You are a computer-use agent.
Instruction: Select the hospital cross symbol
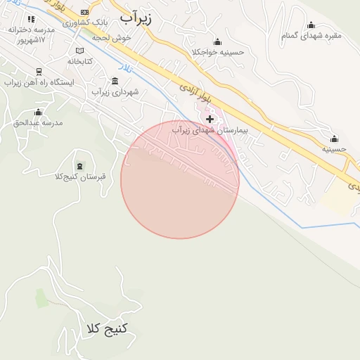pyautogui.click(x=210, y=119)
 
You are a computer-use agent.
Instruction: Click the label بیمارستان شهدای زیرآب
pyautogui.click(x=211, y=131)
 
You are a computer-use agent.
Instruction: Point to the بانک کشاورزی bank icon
pyautogui.click(x=85, y=12)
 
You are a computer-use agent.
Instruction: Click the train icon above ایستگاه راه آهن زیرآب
pyautogui.click(x=37, y=71)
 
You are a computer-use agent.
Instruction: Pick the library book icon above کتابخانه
pyautogui.click(x=79, y=51)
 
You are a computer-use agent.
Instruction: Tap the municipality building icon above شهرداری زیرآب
pyautogui.click(x=115, y=80)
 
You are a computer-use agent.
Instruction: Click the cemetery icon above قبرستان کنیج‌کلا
pyautogui.click(x=79, y=166)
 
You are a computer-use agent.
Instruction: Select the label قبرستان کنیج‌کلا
pyautogui.click(x=79, y=176)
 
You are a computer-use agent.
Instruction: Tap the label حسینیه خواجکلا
pyautogui.click(x=217, y=52)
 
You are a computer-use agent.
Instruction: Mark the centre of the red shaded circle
pyautogui.click(x=180, y=179)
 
